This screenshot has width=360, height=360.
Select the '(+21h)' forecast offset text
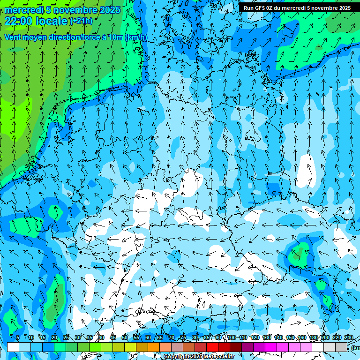click(x=81, y=21)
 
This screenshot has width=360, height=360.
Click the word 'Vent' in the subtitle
click(x=14, y=37)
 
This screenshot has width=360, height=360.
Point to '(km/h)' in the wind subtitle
click(x=136, y=37)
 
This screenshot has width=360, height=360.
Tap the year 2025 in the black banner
click(x=342, y=8)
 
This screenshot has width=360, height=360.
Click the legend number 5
click(x=17, y=337)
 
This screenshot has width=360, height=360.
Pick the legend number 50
click(x=125, y=337)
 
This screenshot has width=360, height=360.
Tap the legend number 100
click(x=232, y=337)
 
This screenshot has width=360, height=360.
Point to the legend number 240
click(x=349, y=337)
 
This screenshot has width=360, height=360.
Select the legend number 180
click(x=314, y=337)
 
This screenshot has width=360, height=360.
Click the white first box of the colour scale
click(x=13, y=347)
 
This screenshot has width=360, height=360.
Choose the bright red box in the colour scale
click(x=212, y=347)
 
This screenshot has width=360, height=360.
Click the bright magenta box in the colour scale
click(x=271, y=347)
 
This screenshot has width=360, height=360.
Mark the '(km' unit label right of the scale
click(x=356, y=347)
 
